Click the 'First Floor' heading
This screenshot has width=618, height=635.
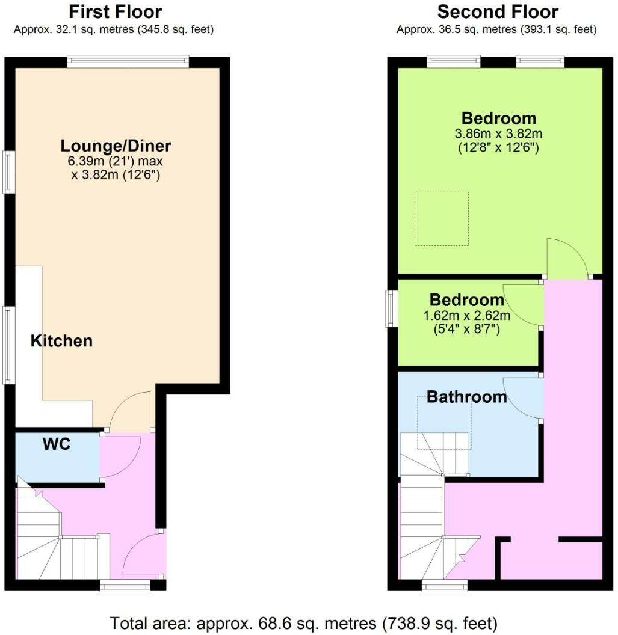tap(115, 12)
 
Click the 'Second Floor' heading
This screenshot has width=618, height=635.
tap(497, 12)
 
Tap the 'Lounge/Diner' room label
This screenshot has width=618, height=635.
tap(116, 146)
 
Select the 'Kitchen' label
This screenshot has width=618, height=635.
tap(61, 341)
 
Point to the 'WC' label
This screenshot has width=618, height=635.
tap(57, 444)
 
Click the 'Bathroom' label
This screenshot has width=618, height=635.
tap(466, 397)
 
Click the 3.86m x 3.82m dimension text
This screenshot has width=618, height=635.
tap(499, 133)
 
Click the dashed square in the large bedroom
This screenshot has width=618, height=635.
tap(441, 219)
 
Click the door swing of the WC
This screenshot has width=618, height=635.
tap(120, 456)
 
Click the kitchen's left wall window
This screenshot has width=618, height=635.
tap(8, 345)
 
